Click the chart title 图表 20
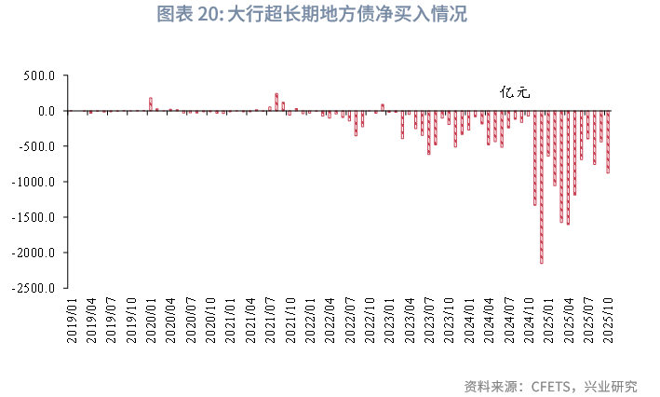(x=311, y=14)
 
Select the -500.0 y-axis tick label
(x=41, y=146)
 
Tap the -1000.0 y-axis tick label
(x=38, y=182)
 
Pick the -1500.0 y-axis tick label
(x=38, y=217)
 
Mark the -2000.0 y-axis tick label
(x=38, y=253)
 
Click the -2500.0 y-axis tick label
(x=38, y=288)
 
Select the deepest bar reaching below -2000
(x=542, y=186)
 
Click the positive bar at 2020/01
(x=150, y=104)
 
